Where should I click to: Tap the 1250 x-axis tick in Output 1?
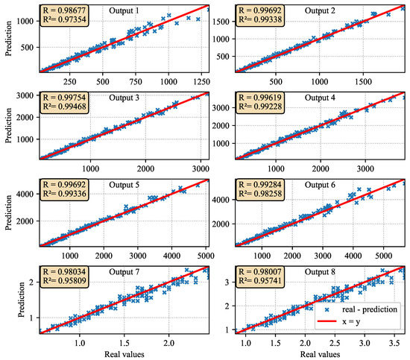197,80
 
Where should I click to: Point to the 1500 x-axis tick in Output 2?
361,80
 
